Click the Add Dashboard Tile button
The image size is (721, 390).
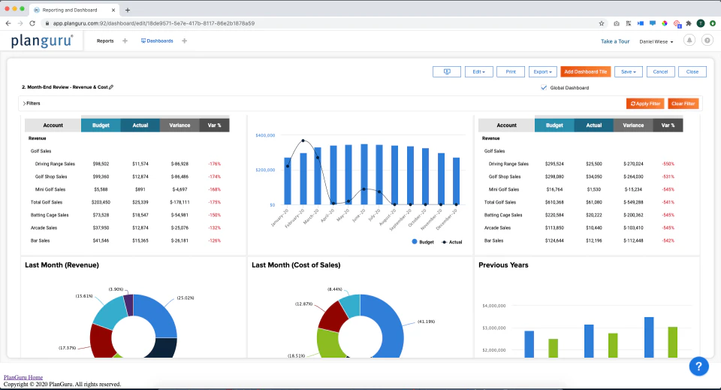pyautogui.click(x=584, y=72)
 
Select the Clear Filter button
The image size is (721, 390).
pyautogui.click(x=683, y=104)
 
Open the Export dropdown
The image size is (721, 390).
pyautogui.click(x=542, y=72)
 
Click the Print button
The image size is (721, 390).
pyautogui.click(x=511, y=72)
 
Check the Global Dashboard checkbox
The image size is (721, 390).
pyautogui.click(x=545, y=88)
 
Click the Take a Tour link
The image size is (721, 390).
pyautogui.click(x=615, y=41)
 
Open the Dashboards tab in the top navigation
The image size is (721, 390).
pyautogui.click(x=158, y=41)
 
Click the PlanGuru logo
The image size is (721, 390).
pyautogui.click(x=42, y=41)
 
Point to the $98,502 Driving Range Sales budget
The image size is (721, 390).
pyautogui.click(x=101, y=163)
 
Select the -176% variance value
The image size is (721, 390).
pyautogui.click(x=214, y=163)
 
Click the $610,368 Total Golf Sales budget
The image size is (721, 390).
pyautogui.click(x=554, y=202)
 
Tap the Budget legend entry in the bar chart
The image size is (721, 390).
pyautogui.click(x=424, y=243)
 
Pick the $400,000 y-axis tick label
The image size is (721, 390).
pyautogui.click(x=266, y=136)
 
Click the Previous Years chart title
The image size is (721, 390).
pyautogui.click(x=503, y=265)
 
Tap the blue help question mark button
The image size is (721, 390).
pyautogui.click(x=698, y=366)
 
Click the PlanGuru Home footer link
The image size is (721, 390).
pyautogui.click(x=23, y=377)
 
